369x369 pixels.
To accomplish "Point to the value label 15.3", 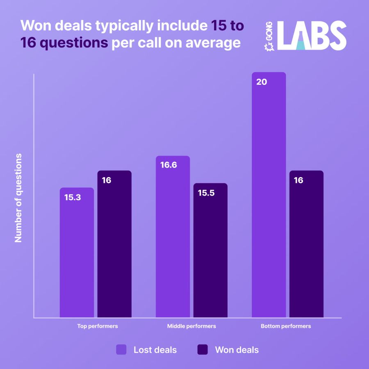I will coord(73,197).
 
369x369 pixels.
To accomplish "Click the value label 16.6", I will coord(169,165).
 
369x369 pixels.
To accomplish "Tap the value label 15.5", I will coord(206,193).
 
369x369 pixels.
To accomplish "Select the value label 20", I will coord(262,82).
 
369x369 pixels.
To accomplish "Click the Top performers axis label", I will coord(98,326).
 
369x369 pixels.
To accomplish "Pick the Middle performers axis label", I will coord(191,326).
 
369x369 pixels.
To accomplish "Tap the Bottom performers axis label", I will coord(286,326).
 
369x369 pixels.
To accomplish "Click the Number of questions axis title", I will coord(18,198).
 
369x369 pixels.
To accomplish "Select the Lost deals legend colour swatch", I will coord(122,350).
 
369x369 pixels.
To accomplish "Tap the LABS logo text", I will coord(312,36).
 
